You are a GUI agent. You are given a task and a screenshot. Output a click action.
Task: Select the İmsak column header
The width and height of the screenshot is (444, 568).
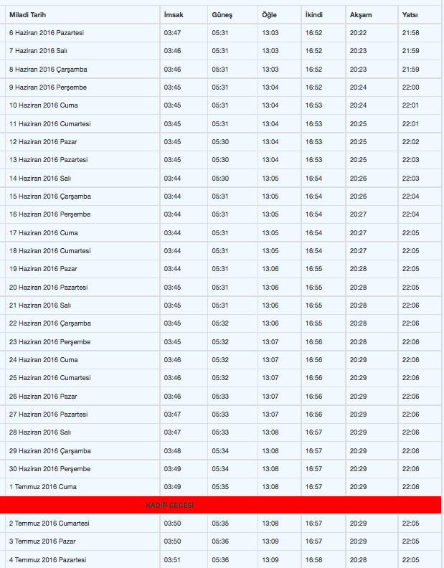coord(174,15)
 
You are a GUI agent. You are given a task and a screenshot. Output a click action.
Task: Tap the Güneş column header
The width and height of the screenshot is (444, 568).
coord(222,15)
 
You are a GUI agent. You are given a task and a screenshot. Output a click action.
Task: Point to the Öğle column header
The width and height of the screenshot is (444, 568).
coord(270,15)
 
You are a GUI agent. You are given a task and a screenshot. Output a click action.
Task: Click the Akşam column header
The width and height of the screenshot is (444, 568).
coord(360,15)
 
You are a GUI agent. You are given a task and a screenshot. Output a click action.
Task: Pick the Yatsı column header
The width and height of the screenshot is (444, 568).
coord(411,15)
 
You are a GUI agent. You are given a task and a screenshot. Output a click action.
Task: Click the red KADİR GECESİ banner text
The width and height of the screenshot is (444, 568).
coord(169,506)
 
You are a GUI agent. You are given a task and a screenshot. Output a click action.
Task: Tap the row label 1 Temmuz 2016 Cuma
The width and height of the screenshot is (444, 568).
coord(42,487)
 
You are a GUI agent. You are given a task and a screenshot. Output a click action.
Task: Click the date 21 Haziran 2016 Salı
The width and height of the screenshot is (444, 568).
coord(40,306)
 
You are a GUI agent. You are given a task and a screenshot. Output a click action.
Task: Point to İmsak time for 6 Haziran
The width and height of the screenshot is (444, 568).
coord(172,33)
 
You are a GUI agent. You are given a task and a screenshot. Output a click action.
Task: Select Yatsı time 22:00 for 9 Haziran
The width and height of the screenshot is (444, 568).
coord(411,87)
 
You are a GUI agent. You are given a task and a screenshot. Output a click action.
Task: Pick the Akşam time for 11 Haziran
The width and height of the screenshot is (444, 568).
coord(358,124)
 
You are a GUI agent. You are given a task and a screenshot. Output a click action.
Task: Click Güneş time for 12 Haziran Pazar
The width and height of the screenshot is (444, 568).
coord(220,142)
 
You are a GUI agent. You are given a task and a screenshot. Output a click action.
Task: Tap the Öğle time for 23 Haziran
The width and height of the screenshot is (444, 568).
coord(270,342)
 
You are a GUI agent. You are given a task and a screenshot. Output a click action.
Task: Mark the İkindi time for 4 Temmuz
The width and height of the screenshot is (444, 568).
coord(313,560)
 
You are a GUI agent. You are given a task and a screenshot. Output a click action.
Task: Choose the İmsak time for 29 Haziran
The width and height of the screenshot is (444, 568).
coord(172,451)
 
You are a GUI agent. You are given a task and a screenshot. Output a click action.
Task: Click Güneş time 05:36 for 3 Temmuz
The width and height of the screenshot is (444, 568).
coord(220,541)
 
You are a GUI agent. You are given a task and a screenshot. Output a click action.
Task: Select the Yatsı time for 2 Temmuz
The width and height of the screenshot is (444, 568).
coord(411,524)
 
